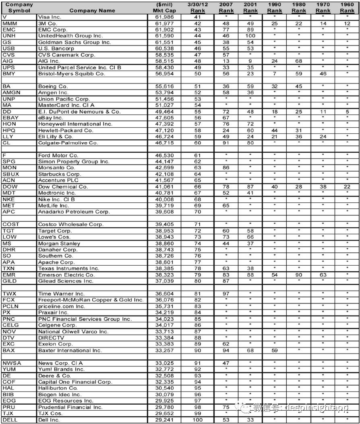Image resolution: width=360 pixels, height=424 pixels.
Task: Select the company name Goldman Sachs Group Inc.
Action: [74, 42]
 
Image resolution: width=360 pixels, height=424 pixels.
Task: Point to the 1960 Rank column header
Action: [347, 8]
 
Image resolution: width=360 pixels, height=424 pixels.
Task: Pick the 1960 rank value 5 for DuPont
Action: [347, 112]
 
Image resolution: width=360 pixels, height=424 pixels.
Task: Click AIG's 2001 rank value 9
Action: [250, 61]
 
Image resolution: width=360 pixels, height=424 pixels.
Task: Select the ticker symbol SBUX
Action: [10, 174]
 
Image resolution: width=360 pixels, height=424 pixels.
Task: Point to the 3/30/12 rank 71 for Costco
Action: [197, 224]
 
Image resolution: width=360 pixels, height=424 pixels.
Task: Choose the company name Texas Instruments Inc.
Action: [68, 268]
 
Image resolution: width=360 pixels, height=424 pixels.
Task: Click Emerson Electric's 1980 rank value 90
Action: [299, 275]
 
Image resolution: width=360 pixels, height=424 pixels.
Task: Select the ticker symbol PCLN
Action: [10, 306]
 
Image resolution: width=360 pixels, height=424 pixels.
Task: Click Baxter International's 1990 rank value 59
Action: [275, 351]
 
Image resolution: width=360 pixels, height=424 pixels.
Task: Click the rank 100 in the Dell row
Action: [197, 420]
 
